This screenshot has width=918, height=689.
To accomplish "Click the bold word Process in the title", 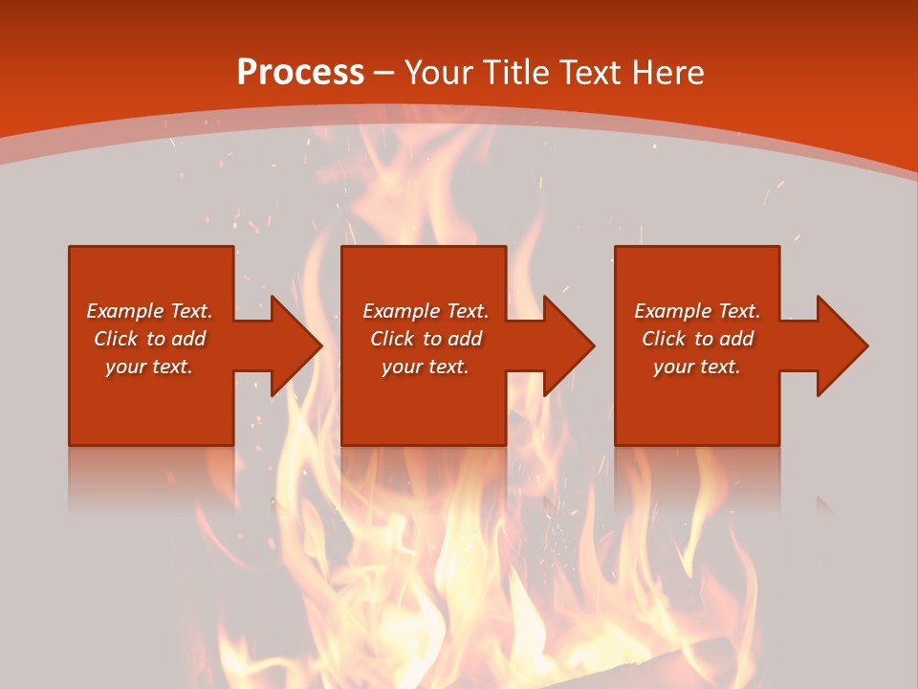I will click(x=300, y=72).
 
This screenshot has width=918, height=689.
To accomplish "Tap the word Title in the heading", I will click(x=516, y=72).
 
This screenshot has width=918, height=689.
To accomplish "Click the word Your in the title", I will click(x=439, y=72).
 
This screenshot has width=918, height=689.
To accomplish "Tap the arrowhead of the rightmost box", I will click(x=841, y=345).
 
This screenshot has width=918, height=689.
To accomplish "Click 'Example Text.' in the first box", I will click(x=149, y=311).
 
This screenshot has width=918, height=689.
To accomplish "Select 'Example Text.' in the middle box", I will click(x=426, y=311).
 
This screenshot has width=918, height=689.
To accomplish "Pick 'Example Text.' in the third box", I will click(x=697, y=311).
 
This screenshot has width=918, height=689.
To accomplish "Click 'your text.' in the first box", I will click(x=149, y=367).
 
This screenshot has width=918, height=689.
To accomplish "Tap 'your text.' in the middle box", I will click(x=426, y=367).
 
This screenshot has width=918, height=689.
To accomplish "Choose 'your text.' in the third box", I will click(x=697, y=367).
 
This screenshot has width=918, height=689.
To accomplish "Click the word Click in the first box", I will click(x=116, y=339).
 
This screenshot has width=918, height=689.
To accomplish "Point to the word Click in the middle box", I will click(x=392, y=339).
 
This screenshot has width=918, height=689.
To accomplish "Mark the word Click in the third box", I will click(x=664, y=339).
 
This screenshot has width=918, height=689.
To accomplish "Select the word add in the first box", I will click(x=188, y=339).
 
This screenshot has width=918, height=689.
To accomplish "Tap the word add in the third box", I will click(x=736, y=339).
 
